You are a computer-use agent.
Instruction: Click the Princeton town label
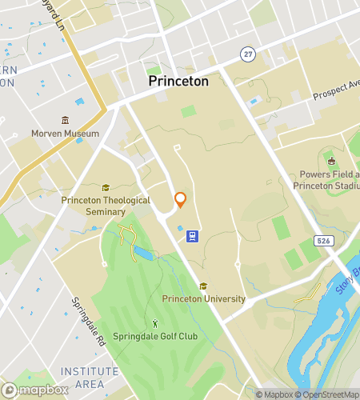click(x=178, y=81)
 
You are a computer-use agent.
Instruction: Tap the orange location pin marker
click(x=180, y=200)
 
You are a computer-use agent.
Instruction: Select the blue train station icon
click(x=193, y=236)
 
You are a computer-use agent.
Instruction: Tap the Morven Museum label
click(x=65, y=134)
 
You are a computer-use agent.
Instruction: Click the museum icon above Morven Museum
click(x=65, y=120)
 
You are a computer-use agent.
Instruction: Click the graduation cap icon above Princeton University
click(x=203, y=286)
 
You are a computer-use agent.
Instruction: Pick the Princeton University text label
click(x=203, y=299)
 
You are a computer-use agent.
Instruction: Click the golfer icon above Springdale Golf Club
click(x=155, y=323)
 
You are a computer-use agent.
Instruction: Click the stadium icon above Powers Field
click(x=331, y=162)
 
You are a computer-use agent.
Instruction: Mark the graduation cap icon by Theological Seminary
click(x=105, y=186)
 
